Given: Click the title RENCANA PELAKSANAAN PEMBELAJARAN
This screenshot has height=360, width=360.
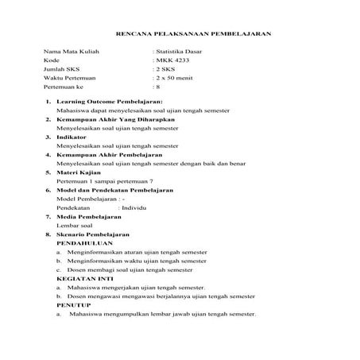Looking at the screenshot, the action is pos(194,34).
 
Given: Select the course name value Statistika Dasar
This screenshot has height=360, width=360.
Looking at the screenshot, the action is pos(180,51).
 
